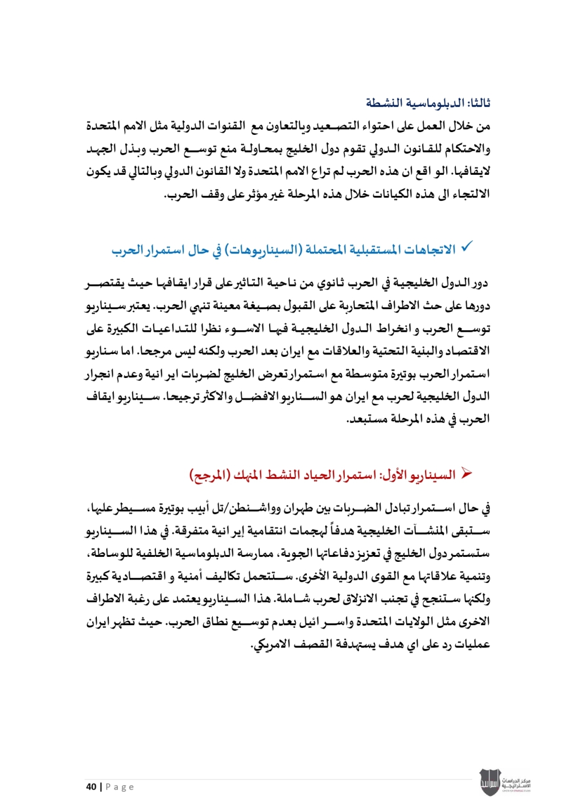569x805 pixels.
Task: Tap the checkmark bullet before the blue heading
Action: coord(467,248)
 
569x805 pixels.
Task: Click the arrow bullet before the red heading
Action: coord(467,473)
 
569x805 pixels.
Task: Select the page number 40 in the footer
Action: coord(91,787)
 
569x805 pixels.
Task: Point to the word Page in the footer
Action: coord(119,787)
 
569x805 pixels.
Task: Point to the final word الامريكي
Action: coord(271,645)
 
